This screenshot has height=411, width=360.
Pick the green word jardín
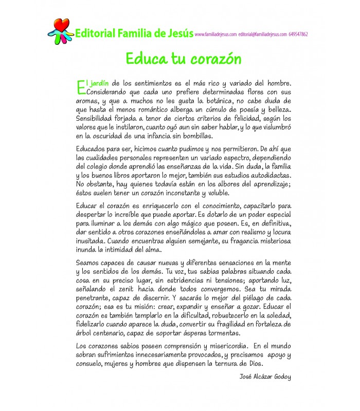pyautogui.click(x=97, y=83)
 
